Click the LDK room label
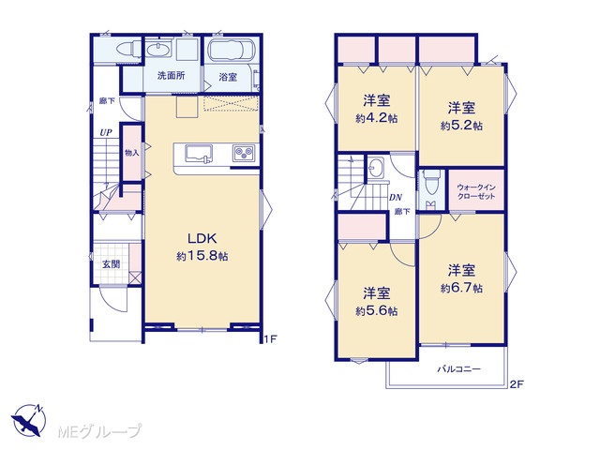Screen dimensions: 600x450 [202, 238]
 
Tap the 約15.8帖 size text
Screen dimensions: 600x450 [202, 256]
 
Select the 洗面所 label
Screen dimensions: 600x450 [171, 75]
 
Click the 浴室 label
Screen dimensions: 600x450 [228, 77]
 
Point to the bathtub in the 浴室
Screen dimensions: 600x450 [232, 50]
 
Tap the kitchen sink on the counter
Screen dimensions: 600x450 [199, 155]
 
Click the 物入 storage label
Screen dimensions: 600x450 [132, 153]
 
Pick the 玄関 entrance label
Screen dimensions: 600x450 [111, 264]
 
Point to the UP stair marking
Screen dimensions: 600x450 [106, 133]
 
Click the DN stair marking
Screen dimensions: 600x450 [396, 198]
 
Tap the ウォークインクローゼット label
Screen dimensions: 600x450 [476, 191]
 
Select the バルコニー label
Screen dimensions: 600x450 [458, 369]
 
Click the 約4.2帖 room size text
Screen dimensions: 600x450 [376, 118]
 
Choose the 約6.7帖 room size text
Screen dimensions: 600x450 [461, 288]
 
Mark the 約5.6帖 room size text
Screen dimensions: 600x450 [376, 310]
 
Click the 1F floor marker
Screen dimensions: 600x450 [270, 338]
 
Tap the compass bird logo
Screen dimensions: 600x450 [28, 421]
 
